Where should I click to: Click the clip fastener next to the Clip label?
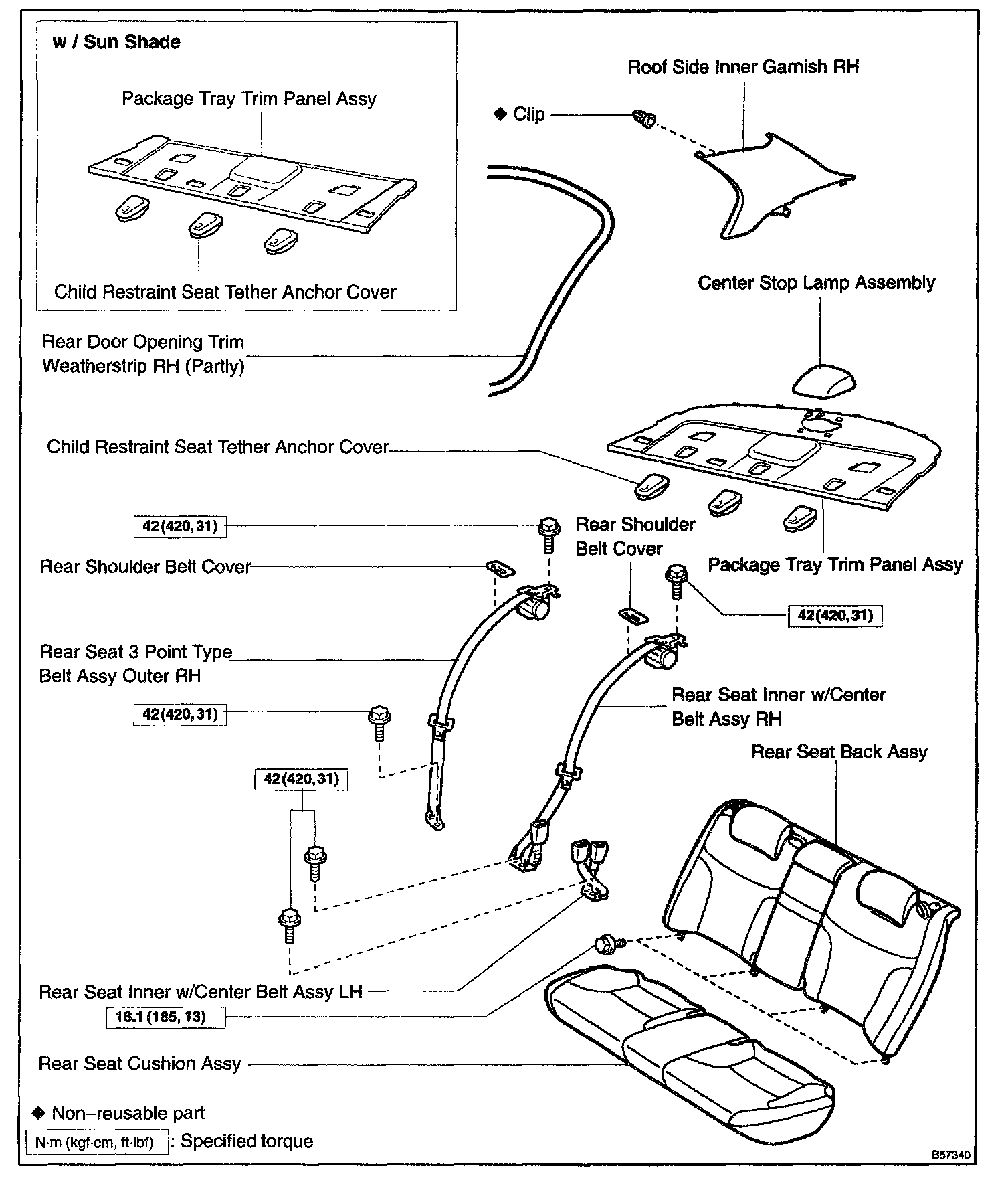tap(644, 120)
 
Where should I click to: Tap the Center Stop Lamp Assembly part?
tap(823, 382)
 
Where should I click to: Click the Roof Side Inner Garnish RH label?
tap(743, 67)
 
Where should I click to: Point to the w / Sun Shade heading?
tap(116, 42)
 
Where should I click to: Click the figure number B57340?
tap(950, 1155)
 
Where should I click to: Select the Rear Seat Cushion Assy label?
tap(139, 1064)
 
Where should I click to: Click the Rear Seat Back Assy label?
tap(839, 752)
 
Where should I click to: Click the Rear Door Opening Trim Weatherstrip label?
tap(143, 354)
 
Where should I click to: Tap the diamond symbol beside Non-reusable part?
tap(38, 1112)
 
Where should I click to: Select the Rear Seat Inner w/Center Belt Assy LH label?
tap(201, 991)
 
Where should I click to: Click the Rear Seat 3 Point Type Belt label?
tap(136, 664)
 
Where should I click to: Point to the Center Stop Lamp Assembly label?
tap(816, 283)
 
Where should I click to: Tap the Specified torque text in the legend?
tap(247, 1141)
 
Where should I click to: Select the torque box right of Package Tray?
tap(835, 615)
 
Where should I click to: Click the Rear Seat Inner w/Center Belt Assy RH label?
tap(778, 707)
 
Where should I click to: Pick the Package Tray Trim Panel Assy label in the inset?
tap(249, 99)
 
